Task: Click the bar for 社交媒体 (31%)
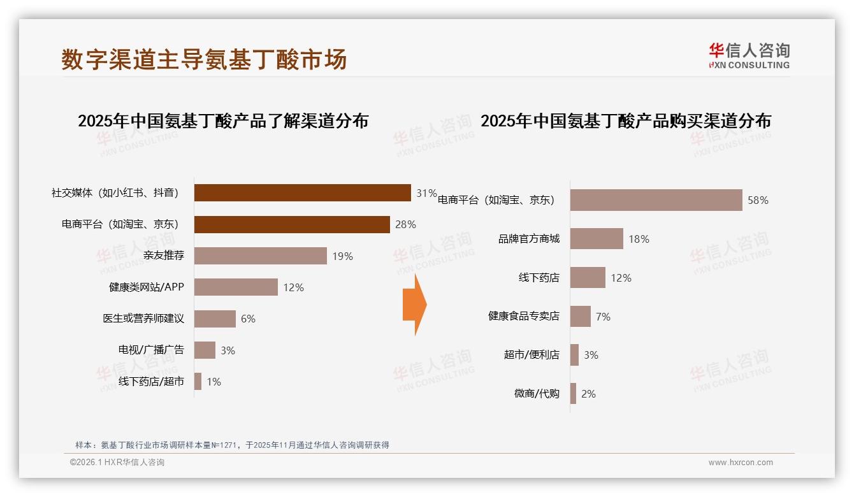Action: pyautogui.click(x=302, y=192)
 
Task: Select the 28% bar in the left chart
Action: pyautogui.click(x=292, y=224)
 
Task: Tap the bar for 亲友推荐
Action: pyautogui.click(x=260, y=256)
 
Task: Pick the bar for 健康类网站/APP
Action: pyautogui.click(x=236, y=287)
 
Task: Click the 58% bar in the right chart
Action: pyautogui.click(x=656, y=200)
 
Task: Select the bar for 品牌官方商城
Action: pyautogui.click(x=597, y=239)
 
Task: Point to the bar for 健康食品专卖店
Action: pyautogui.click(x=581, y=316)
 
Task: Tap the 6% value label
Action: pyautogui.click(x=248, y=319)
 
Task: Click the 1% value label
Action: pyautogui.click(x=213, y=382)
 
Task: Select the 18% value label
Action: pyautogui.click(x=639, y=239)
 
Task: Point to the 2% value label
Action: pyautogui.click(x=588, y=394)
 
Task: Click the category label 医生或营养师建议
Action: pyautogui.click(x=143, y=319)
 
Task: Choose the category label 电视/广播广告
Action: pyautogui.click(x=151, y=350)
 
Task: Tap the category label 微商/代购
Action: pyautogui.click(x=537, y=394)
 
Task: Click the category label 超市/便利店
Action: pyautogui.click(x=532, y=355)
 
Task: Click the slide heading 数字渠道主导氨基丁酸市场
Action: pyautogui.click(x=204, y=59)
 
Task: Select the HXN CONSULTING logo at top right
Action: pyautogui.click(x=749, y=56)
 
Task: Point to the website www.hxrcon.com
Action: pyautogui.click(x=740, y=463)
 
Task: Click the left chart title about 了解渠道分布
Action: pyautogui.click(x=223, y=121)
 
